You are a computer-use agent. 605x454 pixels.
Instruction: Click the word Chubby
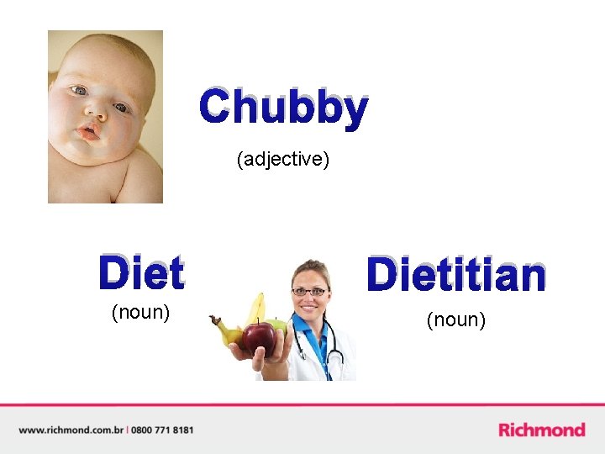(283, 108)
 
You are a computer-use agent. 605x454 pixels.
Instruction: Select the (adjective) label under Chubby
(282, 159)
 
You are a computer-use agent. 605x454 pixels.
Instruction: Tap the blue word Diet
(141, 273)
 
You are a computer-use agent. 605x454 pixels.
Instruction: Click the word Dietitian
(456, 275)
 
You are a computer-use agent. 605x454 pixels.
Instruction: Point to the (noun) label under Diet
(141, 313)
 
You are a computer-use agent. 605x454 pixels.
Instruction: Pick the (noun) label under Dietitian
(456, 319)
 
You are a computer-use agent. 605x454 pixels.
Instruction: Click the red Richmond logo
(542, 430)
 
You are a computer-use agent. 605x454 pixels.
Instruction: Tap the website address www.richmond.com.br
(71, 430)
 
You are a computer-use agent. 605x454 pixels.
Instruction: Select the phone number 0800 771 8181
(163, 430)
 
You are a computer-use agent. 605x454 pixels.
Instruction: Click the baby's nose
(96, 112)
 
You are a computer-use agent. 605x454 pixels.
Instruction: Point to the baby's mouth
(87, 133)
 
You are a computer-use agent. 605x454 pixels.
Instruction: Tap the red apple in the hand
(259, 338)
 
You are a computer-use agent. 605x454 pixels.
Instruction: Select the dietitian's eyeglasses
(309, 292)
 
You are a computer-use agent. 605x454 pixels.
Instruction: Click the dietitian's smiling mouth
(309, 309)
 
